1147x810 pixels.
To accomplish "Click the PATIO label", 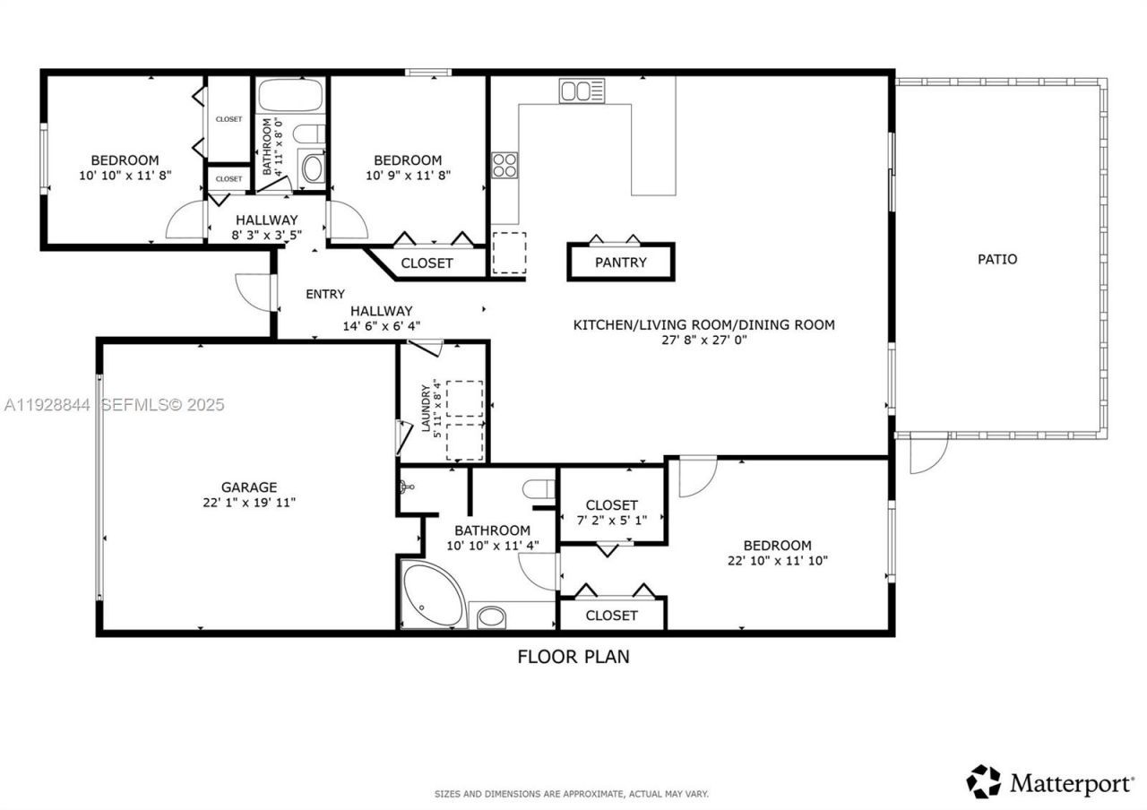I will pyautogui.click(x=996, y=259).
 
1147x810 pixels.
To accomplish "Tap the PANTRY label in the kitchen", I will pyautogui.click(x=620, y=263).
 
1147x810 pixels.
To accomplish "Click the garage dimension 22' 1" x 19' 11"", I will pyautogui.click(x=249, y=503).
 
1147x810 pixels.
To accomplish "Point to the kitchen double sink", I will pyautogui.click(x=582, y=90).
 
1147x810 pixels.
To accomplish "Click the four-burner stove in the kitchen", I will pyautogui.click(x=505, y=165).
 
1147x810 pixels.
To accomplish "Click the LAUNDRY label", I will pyautogui.click(x=427, y=409).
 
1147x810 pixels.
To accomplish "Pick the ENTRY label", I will pyautogui.click(x=324, y=294).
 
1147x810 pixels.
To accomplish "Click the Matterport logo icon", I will pyautogui.click(x=984, y=781).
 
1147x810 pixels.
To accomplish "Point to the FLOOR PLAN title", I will pyautogui.click(x=573, y=657).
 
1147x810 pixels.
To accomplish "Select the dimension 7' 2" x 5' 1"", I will pyautogui.click(x=611, y=521).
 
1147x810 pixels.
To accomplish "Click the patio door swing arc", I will pyautogui.click(x=927, y=455).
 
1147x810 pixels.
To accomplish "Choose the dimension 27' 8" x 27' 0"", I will pyautogui.click(x=703, y=340).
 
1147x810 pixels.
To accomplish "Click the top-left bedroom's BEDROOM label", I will pyautogui.click(x=125, y=160).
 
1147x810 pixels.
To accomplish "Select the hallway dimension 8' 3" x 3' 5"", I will pyautogui.click(x=266, y=236).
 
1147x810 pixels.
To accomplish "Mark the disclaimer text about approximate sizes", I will pyautogui.click(x=572, y=794).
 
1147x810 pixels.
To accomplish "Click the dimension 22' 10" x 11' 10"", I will pyautogui.click(x=777, y=561).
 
